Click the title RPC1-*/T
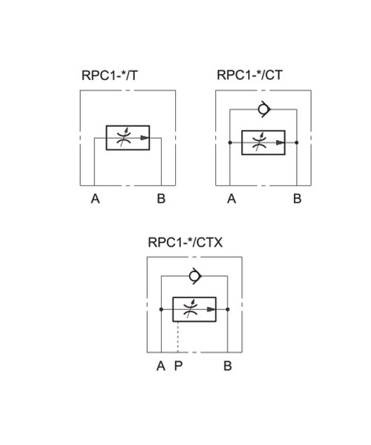110,76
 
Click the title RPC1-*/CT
250,75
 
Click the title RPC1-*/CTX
185,243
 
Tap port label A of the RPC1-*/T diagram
96,199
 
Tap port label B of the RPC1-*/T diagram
161,199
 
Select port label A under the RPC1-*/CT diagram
232,199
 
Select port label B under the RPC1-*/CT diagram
298,199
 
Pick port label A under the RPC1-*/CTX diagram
161,366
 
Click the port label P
178,366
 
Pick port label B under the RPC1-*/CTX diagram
228,366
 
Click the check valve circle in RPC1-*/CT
263,109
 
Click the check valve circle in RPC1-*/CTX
194,276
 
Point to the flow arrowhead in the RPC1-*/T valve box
145,138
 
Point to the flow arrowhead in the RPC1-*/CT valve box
280,142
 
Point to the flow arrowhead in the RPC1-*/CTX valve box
211,309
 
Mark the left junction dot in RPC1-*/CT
230,142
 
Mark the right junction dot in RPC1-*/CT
297,142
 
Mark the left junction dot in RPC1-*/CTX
161,309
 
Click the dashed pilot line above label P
178,337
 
